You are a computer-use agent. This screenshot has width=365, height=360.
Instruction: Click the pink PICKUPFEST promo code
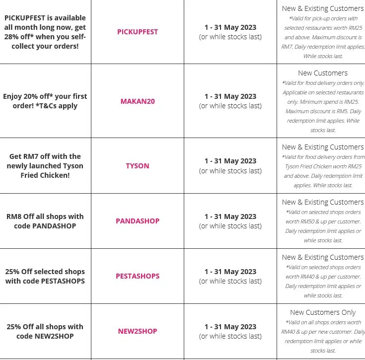click(x=138, y=32)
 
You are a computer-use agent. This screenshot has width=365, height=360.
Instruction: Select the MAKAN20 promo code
click(x=138, y=101)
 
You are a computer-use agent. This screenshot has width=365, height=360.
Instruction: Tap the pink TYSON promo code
click(x=138, y=166)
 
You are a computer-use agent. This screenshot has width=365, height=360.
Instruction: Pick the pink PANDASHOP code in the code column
click(x=138, y=221)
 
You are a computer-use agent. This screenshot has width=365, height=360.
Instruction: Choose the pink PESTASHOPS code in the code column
click(x=138, y=276)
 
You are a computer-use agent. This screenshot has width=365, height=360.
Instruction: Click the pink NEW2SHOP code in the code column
click(x=138, y=331)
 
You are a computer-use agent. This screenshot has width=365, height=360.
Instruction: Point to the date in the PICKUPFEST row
click(x=230, y=27)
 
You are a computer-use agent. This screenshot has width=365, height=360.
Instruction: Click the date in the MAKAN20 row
click(x=230, y=96)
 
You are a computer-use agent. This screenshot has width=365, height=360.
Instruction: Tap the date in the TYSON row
click(x=230, y=161)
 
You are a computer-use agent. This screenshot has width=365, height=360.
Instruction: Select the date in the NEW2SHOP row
click(x=230, y=327)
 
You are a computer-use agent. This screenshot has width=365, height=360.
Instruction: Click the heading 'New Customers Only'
click(x=323, y=312)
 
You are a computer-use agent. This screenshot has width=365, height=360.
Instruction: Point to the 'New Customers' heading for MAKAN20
click(x=323, y=73)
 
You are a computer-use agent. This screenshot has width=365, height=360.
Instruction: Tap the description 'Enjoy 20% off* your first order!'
click(x=45, y=101)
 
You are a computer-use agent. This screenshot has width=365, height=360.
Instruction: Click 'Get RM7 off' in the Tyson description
click(x=30, y=156)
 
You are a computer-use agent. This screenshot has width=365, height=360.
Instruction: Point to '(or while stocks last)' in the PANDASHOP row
click(x=230, y=226)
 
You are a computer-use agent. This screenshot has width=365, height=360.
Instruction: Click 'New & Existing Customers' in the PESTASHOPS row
click(x=323, y=257)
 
